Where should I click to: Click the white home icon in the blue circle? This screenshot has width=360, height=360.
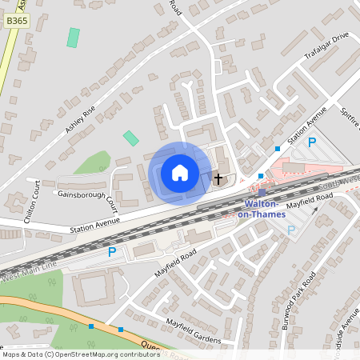(x=179, y=173)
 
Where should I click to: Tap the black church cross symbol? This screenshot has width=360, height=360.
(x=218, y=178)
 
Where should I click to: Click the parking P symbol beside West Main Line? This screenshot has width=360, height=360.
(x=112, y=252)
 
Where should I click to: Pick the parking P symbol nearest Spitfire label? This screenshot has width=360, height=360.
(x=313, y=142)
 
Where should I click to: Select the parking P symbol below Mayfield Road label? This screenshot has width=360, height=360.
(x=291, y=230)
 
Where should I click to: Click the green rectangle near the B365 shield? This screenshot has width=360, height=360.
(x=74, y=38)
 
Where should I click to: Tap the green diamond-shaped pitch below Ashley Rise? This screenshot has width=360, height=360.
(x=130, y=138)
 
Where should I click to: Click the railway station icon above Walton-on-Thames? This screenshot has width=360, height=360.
(x=262, y=192)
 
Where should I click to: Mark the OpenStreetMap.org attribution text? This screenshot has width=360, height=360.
(x=81, y=354)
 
